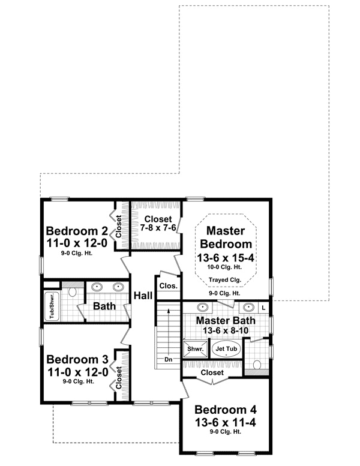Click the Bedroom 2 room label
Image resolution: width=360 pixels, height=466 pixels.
[x=77, y=231]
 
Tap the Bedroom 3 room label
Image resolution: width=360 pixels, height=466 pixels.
[x=77, y=360]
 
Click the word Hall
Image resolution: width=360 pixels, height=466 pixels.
[x=143, y=295]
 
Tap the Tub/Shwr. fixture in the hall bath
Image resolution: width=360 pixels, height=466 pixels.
[x=51, y=305]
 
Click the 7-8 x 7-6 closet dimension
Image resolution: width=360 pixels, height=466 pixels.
[x=158, y=229]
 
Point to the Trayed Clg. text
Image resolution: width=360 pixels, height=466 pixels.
[x=225, y=280]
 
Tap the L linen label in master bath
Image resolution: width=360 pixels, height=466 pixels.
[x=263, y=307]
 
